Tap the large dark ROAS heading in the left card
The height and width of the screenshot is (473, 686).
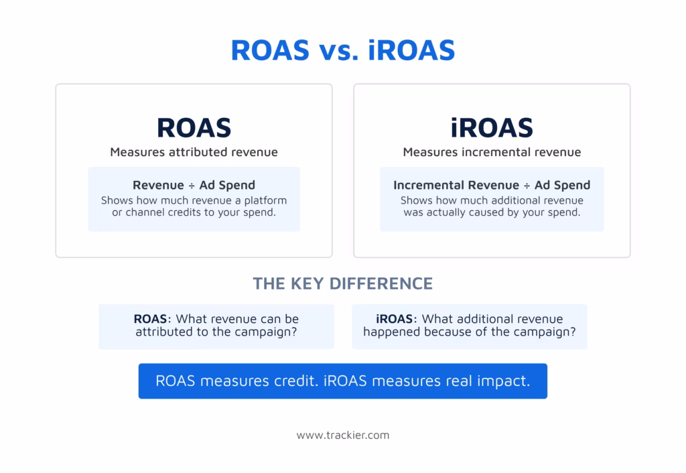[194, 128]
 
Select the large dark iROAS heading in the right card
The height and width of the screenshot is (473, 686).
[492, 128]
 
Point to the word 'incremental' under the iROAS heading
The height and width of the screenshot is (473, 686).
[496, 152]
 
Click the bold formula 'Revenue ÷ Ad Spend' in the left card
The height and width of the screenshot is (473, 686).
[194, 185]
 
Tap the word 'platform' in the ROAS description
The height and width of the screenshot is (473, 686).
[265, 200]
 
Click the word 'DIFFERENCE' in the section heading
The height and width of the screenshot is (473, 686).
[381, 283]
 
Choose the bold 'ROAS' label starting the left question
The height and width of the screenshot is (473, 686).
[150, 318]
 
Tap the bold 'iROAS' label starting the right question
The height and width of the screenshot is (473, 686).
[394, 318]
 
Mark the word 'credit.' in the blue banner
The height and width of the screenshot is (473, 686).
[296, 381]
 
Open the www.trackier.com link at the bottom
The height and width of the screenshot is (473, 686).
[343, 435]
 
